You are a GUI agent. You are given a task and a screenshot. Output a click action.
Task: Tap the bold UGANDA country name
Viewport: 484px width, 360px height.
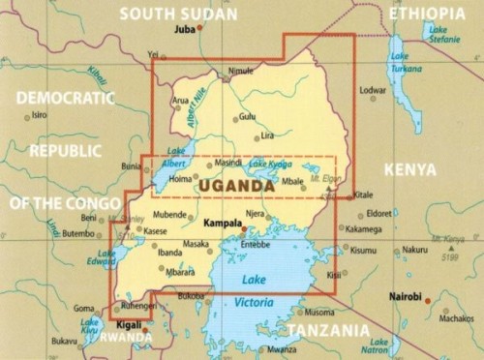(235, 186)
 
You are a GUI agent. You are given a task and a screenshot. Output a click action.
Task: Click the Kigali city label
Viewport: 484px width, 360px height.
(129, 328)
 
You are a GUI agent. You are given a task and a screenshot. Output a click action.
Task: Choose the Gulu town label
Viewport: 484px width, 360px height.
(248, 116)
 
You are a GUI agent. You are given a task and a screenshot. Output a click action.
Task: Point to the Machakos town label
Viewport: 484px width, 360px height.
(455, 317)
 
